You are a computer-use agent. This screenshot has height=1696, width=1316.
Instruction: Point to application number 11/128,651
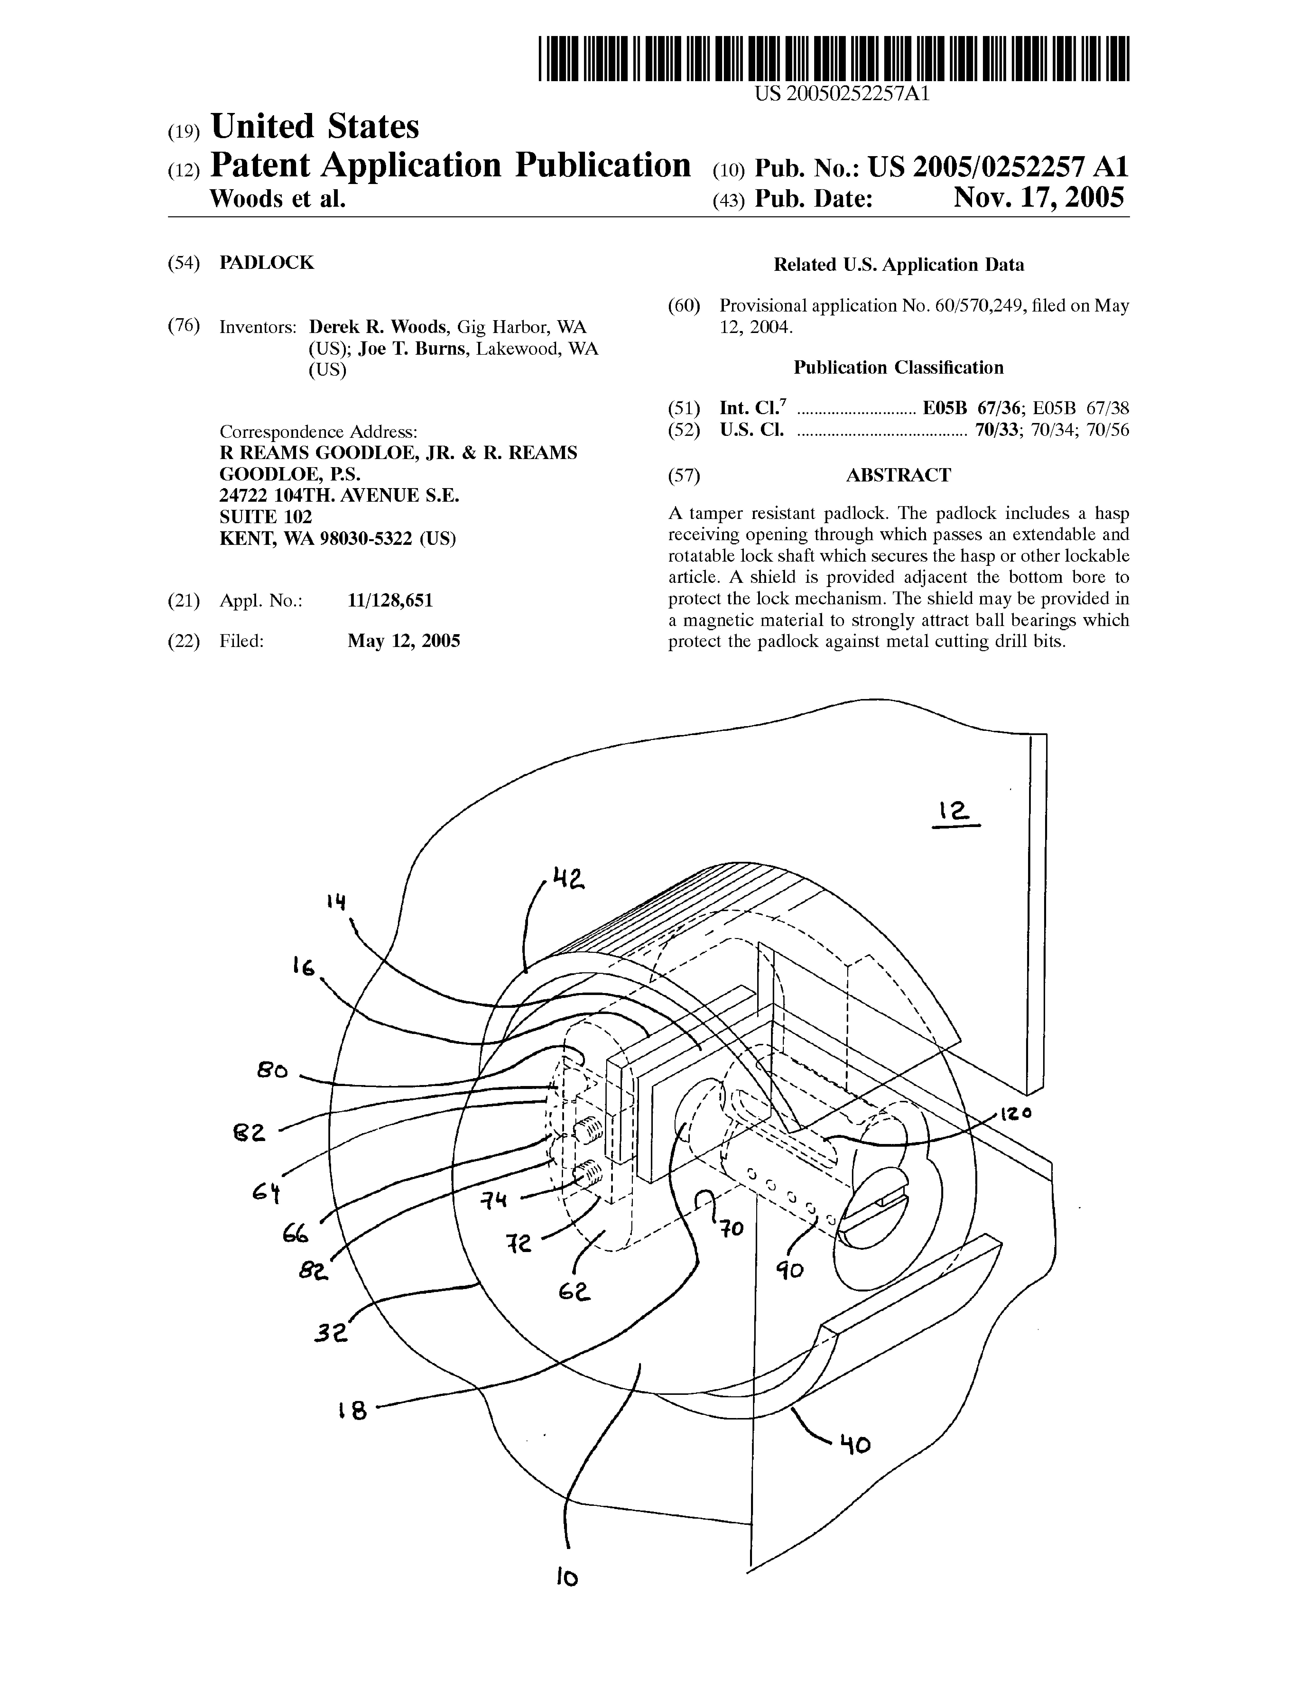click(390, 600)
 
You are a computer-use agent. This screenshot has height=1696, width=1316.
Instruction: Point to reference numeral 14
click(336, 902)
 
